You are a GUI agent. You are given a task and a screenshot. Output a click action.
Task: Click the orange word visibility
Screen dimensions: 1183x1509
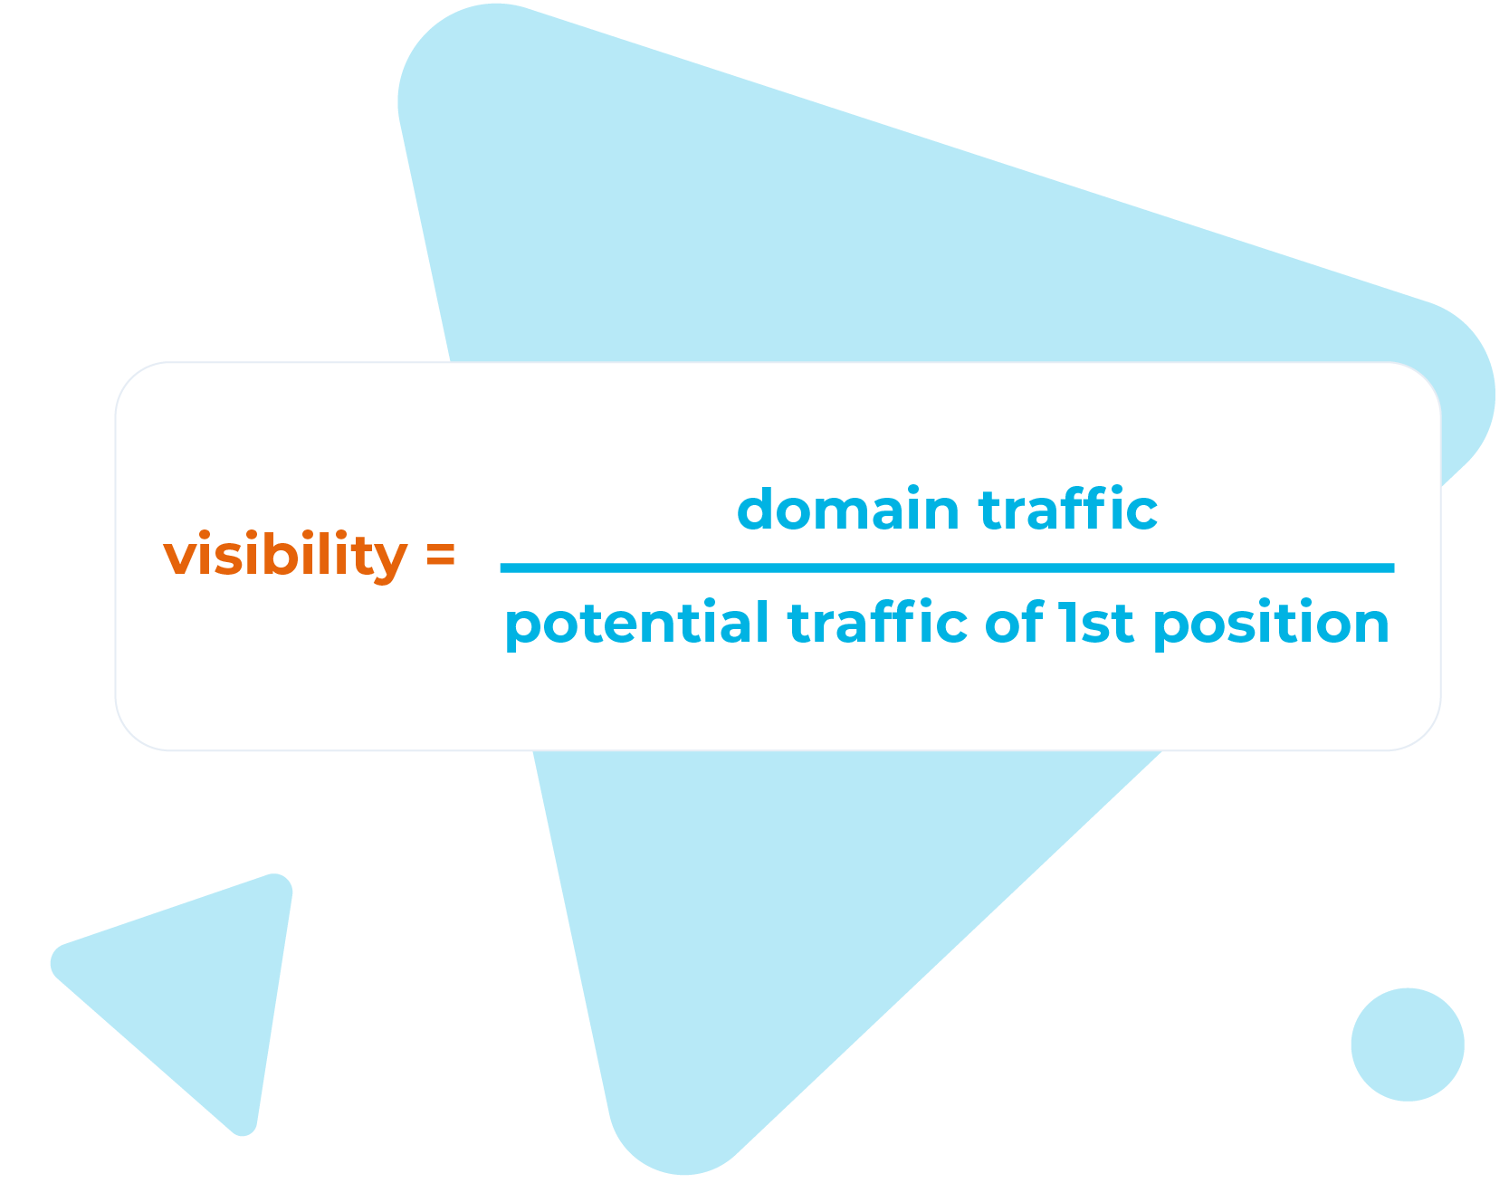click(x=285, y=556)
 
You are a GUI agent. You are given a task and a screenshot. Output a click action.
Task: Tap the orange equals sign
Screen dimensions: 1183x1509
click(x=440, y=555)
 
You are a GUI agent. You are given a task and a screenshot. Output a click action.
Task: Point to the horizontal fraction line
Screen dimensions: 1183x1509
click(x=947, y=568)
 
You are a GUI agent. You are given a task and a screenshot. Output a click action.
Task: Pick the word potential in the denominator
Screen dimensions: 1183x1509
click(x=636, y=624)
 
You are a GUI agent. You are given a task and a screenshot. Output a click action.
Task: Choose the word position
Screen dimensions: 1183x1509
click(x=1271, y=625)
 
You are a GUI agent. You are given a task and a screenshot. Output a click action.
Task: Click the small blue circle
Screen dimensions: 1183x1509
click(x=1407, y=1045)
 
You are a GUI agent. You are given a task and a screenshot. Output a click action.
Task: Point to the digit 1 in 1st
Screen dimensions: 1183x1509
click(x=1070, y=623)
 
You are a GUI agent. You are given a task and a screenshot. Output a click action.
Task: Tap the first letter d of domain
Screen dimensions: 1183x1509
click(x=757, y=510)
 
